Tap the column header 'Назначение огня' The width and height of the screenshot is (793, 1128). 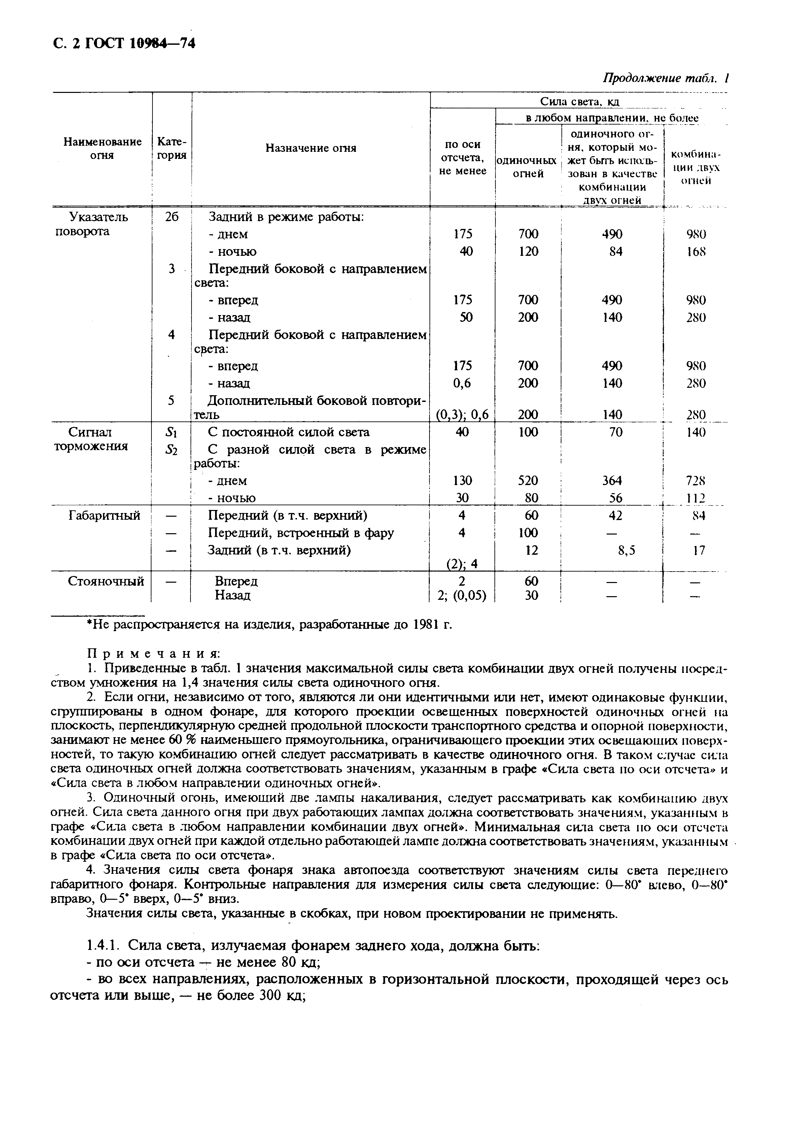click(311, 148)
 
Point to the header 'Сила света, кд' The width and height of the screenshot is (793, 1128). click(579, 101)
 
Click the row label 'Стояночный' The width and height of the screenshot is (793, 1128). click(106, 581)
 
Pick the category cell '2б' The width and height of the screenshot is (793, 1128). click(171, 217)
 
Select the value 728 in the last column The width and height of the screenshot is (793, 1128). click(696, 480)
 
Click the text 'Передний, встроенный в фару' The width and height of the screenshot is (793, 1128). click(301, 533)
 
